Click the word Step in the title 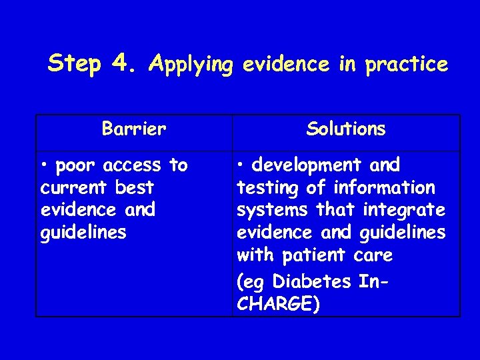[74, 63]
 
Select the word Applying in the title [192, 65]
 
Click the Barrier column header [134, 129]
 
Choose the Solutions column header [345, 129]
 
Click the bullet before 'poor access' [44, 165]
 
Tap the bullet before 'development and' [241, 165]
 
